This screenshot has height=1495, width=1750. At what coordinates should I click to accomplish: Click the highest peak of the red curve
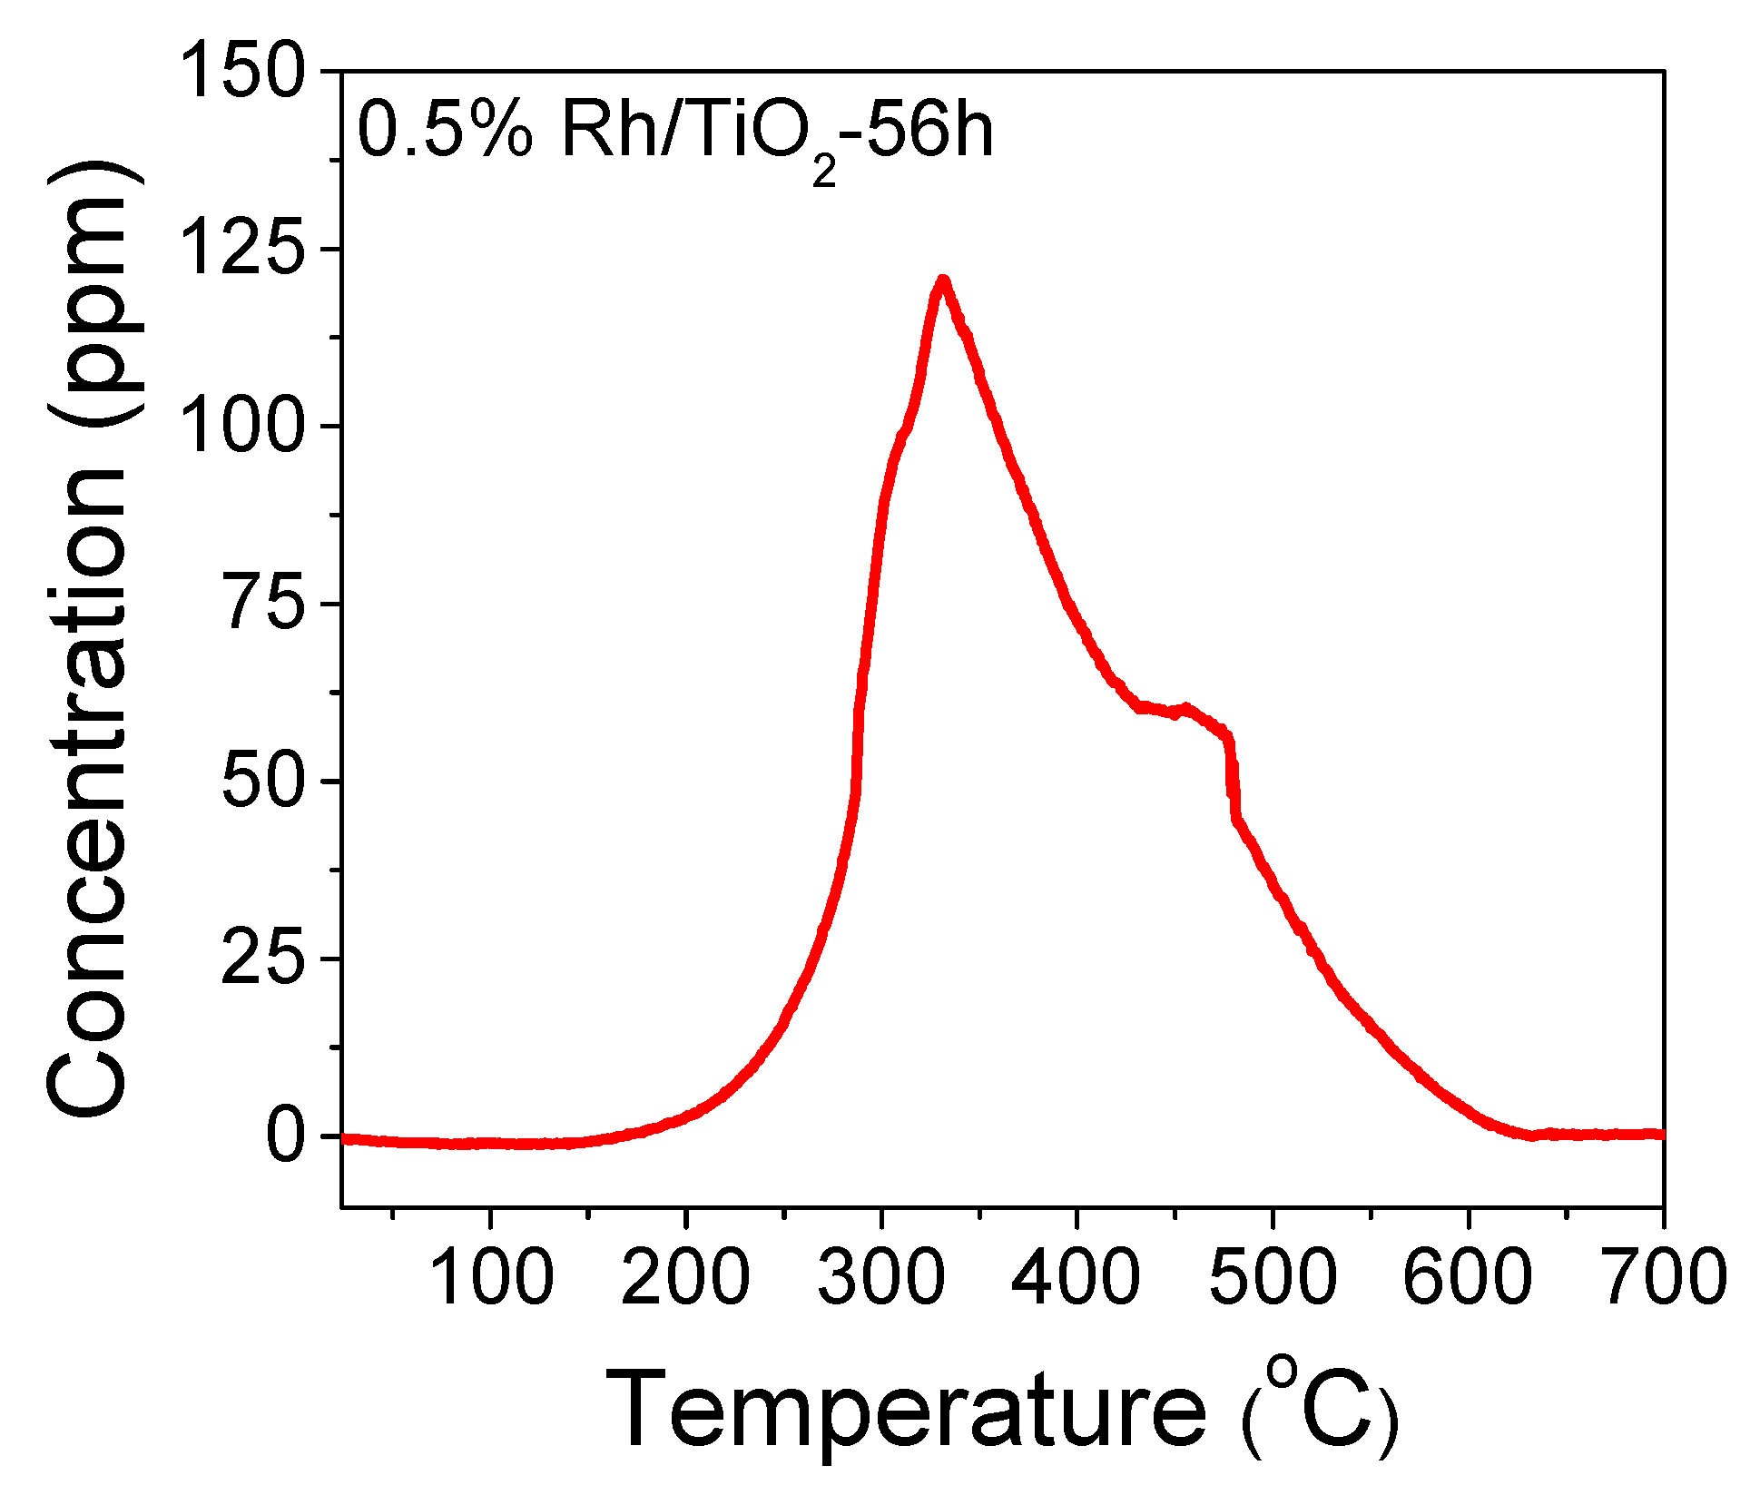pyautogui.click(x=942, y=281)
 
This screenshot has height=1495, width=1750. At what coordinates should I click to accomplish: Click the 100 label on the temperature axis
pyautogui.click(x=490, y=1276)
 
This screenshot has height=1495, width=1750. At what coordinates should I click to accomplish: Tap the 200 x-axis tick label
pyautogui.click(x=686, y=1276)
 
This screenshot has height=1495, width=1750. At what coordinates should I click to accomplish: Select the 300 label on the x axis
pyautogui.click(x=881, y=1276)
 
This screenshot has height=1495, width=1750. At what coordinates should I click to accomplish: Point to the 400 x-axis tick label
pyautogui.click(x=1077, y=1276)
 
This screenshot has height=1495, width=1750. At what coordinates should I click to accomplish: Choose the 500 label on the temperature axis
pyautogui.click(x=1273, y=1276)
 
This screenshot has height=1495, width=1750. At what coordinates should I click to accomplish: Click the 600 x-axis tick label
pyautogui.click(x=1468, y=1276)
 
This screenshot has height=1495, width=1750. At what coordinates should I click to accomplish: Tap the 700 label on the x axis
pyautogui.click(x=1664, y=1276)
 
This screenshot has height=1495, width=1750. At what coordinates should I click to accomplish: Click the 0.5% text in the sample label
pyautogui.click(x=446, y=132)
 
